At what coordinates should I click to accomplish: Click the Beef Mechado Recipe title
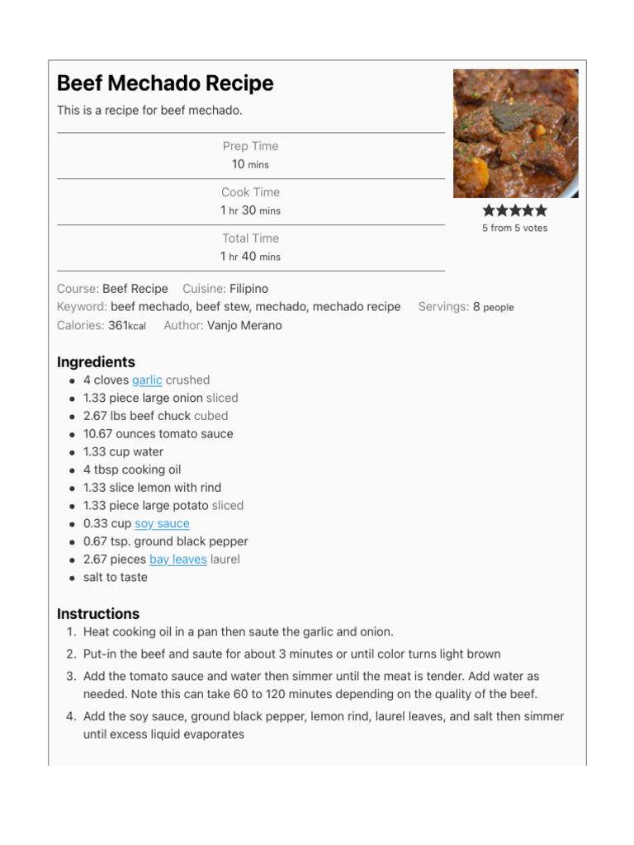[165, 83]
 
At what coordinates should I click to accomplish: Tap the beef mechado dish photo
[515, 133]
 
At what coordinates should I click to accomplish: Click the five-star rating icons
[515, 210]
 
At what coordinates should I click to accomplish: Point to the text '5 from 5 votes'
[515, 228]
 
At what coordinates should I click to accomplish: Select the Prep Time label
[250, 146]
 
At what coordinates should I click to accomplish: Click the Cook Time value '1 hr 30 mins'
[250, 210]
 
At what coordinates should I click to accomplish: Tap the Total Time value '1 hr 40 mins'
[250, 257]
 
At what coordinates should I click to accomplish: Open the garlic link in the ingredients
[147, 380]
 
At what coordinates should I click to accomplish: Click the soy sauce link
[162, 524]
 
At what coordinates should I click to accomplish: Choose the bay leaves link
[177, 559]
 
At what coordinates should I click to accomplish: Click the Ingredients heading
[96, 361]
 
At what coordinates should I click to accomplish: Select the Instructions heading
[98, 614]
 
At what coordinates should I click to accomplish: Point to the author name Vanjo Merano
[244, 325]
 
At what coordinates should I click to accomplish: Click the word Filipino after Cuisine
[248, 289]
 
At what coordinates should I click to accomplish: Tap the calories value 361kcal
[126, 325]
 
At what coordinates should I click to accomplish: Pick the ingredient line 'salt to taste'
[116, 578]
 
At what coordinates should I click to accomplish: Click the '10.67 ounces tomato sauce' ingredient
[158, 434]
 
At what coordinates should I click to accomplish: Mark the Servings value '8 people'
[493, 307]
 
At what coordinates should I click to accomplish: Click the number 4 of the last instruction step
[70, 716]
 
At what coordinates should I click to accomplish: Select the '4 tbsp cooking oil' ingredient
[132, 470]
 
